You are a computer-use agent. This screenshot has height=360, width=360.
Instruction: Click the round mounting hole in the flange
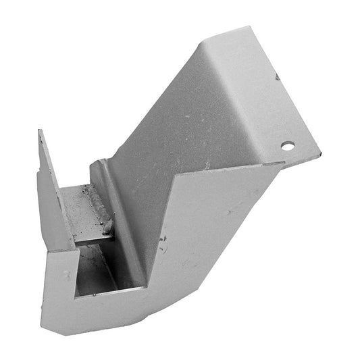pyautogui.click(x=288, y=145)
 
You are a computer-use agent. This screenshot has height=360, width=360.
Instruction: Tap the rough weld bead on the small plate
pyautogui.click(x=97, y=203)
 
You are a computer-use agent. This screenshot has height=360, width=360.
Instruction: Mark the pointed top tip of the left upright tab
pyautogui.click(x=39, y=130)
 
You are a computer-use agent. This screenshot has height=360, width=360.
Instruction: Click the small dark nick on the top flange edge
pyautogui.click(x=276, y=78)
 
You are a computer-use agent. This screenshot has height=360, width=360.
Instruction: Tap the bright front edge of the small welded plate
pyautogui.click(x=91, y=237)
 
